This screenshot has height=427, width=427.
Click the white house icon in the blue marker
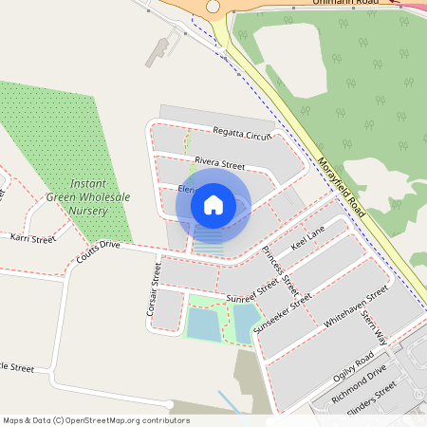(x=213, y=204)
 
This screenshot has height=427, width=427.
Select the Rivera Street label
(x=219, y=164)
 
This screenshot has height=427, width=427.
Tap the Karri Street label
(x=33, y=238)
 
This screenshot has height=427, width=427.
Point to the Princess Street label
(x=281, y=269)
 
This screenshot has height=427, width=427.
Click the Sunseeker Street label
(x=289, y=312)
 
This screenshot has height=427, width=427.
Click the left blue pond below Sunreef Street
(x=202, y=325)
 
